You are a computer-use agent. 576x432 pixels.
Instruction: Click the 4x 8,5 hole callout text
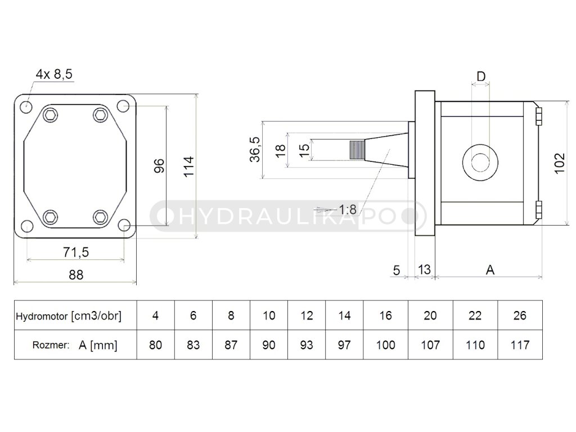54,74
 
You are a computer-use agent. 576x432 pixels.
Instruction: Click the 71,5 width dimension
75,252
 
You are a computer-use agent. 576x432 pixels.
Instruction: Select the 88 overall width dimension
75,274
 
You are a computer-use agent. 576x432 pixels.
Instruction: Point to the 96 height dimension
159,165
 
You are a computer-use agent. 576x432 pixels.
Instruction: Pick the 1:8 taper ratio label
348,210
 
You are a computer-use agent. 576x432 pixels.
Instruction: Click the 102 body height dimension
559,163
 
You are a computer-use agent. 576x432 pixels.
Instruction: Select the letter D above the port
481,76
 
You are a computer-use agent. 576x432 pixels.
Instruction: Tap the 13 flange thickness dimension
424,270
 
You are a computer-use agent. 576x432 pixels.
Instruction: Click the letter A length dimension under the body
490,270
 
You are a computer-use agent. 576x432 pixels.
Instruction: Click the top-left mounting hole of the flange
26,106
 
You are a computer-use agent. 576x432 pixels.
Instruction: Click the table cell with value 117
520,344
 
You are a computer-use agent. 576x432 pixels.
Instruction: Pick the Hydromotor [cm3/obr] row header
69,316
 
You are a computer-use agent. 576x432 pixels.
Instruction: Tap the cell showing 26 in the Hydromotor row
520,316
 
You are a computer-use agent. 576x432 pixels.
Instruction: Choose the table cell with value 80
156,344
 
